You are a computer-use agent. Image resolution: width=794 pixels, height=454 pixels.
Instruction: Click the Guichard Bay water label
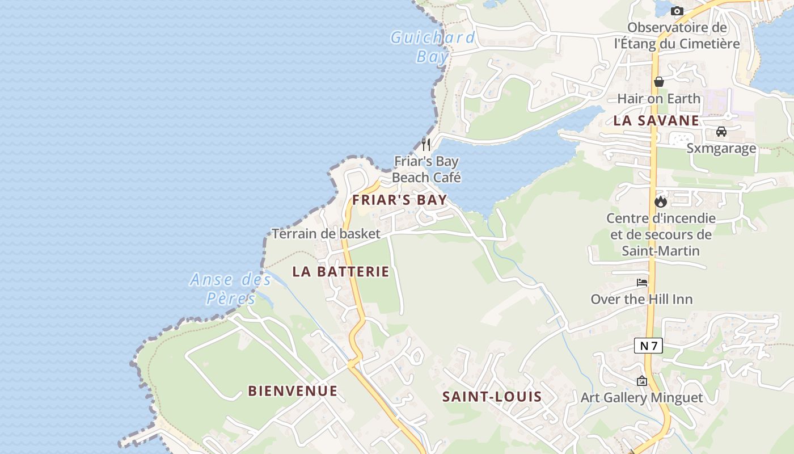point(433,47)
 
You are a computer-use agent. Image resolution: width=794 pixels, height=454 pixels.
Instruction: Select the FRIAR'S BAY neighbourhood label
point(400,200)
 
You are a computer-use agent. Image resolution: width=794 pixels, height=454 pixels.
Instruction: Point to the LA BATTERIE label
point(341,271)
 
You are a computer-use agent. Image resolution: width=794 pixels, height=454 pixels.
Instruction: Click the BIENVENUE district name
point(293,391)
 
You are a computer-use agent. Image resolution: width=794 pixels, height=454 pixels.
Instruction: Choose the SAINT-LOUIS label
point(492,397)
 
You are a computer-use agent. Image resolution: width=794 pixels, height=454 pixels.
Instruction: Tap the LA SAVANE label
point(656,120)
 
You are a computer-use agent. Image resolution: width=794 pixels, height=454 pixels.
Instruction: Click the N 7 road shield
point(648,345)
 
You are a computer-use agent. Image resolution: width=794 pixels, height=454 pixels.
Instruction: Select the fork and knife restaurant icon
point(426,144)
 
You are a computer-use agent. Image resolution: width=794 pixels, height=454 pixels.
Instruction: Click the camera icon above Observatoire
point(677,11)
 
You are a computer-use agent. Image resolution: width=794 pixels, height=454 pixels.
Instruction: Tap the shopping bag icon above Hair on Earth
point(658,82)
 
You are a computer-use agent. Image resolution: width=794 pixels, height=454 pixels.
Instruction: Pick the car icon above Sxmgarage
point(721,132)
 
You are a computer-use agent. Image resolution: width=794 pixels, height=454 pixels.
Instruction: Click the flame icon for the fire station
point(660,201)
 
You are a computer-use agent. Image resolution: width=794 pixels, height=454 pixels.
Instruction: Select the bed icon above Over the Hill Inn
point(642,282)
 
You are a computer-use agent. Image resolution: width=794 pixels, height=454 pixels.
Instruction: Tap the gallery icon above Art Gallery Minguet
point(642,381)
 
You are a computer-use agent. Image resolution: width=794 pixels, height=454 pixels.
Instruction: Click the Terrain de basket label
point(326,234)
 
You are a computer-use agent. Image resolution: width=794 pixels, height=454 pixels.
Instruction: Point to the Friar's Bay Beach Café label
point(426,169)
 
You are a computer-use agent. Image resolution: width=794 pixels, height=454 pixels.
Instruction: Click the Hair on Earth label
point(659,99)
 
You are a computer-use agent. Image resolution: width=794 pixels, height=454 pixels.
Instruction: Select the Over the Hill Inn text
point(642,299)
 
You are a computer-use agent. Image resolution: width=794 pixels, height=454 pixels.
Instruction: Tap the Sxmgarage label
point(721,149)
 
